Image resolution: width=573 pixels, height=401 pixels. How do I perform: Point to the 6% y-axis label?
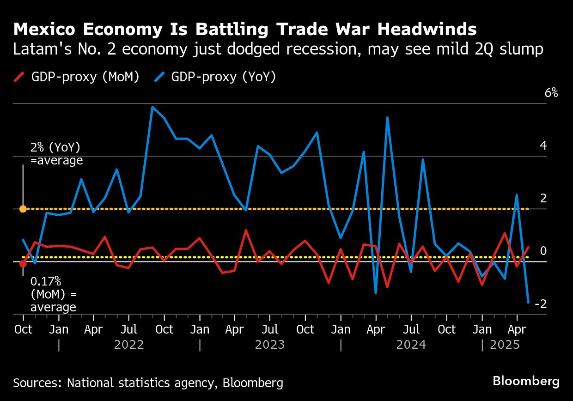pyautogui.click(x=551, y=93)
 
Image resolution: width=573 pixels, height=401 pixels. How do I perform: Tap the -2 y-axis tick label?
pyautogui.click(x=541, y=304)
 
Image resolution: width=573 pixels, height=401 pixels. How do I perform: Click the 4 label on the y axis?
pyautogui.click(x=543, y=146)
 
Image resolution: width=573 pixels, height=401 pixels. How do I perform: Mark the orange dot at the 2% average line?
pyautogui.click(x=23, y=209)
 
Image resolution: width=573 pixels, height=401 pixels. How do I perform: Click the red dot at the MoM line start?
pyautogui.click(x=23, y=264)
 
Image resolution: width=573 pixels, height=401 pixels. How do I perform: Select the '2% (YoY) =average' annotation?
pyautogui.click(x=56, y=154)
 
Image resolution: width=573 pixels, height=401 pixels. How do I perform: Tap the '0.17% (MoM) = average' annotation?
pyautogui.click(x=53, y=294)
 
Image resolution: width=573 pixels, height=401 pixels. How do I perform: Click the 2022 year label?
pyautogui.click(x=129, y=345)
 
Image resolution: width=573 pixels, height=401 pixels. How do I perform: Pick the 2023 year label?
pyautogui.click(x=270, y=345)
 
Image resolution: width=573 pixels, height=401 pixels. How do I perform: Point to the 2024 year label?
pyautogui.click(x=411, y=345)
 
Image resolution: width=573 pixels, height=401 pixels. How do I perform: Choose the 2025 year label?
pyautogui.click(x=505, y=345)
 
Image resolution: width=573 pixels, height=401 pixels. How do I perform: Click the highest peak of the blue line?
pyautogui.click(x=152, y=107)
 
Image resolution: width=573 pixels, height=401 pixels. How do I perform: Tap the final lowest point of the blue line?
pyautogui.click(x=528, y=303)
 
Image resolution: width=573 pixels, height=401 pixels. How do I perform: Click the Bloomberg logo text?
pyautogui.click(x=526, y=382)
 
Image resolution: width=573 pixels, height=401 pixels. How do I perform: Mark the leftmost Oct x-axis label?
pyautogui.click(x=23, y=329)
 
